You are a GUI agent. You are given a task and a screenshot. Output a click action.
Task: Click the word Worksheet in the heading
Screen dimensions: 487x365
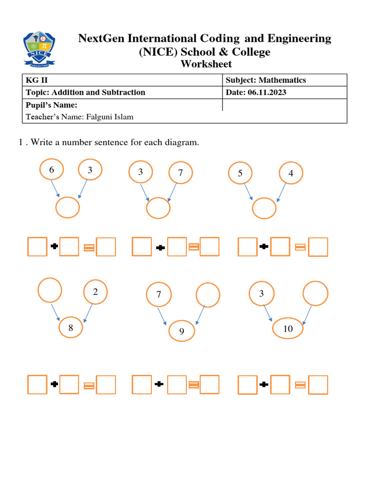coord(206,64)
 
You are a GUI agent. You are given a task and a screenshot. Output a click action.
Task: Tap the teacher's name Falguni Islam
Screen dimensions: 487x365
coord(109,117)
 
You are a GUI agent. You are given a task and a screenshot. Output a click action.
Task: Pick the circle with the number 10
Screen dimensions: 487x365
coord(288,329)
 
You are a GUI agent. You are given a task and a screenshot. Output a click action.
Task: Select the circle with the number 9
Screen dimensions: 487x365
coord(182,331)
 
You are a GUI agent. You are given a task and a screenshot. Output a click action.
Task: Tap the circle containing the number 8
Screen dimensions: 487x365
coord(70,328)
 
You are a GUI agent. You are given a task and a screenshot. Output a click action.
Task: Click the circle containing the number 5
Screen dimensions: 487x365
coord(240,174)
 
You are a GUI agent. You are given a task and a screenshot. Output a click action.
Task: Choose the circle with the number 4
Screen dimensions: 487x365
coord(291,174)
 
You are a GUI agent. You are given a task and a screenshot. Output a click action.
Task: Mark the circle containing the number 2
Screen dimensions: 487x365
coord(96,292)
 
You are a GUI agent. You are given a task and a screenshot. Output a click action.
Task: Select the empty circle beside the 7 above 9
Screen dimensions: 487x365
coord(208,295)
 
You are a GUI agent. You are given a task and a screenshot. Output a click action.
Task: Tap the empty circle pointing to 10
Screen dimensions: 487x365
coord(315,293)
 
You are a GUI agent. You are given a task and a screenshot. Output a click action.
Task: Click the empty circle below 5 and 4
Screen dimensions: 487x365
coord(264,208)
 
